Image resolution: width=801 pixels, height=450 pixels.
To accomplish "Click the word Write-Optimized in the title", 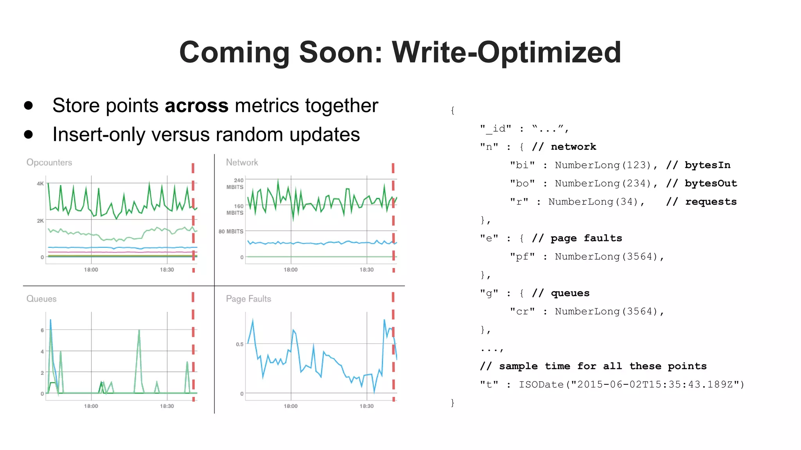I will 506,53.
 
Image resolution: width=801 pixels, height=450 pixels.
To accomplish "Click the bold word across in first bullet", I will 196,105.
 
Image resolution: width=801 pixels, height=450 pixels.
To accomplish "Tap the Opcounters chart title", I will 49,162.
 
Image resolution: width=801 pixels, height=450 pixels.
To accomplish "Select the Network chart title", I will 242,162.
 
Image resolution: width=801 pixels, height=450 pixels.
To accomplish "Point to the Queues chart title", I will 41,299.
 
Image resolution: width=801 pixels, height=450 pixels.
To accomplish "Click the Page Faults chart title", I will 248,299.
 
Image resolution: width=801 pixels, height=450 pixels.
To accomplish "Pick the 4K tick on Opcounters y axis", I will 40,183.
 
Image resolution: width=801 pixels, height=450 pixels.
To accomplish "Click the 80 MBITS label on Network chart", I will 231,231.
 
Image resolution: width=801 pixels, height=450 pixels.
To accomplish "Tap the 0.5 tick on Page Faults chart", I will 239,344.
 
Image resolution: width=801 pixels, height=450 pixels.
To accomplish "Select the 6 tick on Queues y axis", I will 42,330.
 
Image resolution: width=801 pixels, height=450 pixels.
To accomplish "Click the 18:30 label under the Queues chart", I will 167,406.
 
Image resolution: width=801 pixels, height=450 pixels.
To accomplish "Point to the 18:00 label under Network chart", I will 291,270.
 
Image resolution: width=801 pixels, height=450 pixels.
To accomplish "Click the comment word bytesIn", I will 707,165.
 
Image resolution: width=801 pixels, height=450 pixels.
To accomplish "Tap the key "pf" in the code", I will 522,257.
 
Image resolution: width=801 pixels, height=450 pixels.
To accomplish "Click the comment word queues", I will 570,293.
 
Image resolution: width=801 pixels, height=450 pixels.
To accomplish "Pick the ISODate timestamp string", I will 631,385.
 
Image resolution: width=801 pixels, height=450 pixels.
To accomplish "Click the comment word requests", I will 711,202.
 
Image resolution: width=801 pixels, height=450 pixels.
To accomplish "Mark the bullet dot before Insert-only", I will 29,134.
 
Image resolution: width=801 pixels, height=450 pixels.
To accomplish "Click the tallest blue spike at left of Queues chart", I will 50,321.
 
